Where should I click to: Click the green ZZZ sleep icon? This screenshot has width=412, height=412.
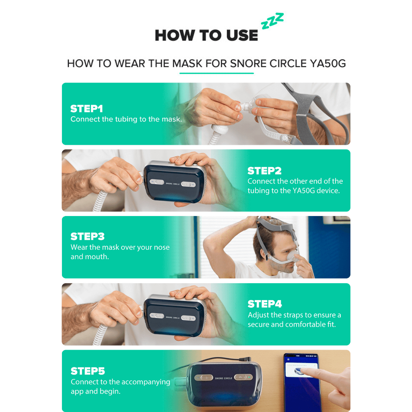tap(272, 21)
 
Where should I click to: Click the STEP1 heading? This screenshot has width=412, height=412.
tap(87, 109)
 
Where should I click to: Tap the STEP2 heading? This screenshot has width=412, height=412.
tap(264, 171)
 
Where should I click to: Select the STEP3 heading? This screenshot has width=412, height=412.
tap(87, 237)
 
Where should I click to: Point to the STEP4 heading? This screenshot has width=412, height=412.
tap(265, 304)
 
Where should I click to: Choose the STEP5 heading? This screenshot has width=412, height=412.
tap(88, 371)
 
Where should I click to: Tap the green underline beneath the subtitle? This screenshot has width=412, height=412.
tap(216, 73)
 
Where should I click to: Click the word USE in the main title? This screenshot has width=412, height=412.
tap(242, 35)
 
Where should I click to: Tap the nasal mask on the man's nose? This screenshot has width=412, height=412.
tap(293, 255)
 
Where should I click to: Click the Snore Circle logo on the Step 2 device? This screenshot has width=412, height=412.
tap(173, 183)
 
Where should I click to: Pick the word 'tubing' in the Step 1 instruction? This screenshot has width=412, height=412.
tap(128, 119)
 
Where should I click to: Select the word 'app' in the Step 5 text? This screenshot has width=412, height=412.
tap(77, 392)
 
